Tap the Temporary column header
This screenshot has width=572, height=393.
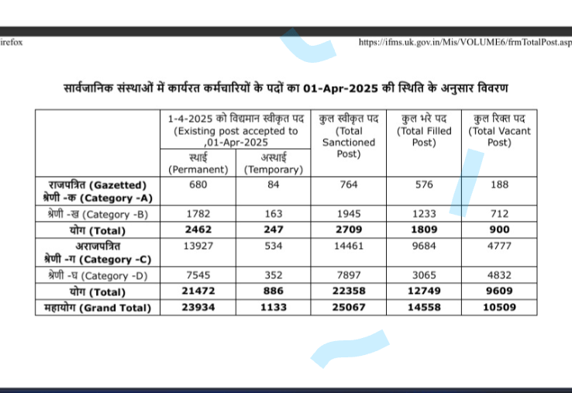[273, 164]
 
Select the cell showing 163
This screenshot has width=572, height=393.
[273, 214]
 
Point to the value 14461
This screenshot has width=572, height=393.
[348, 246]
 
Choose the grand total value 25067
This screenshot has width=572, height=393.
[348, 307]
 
